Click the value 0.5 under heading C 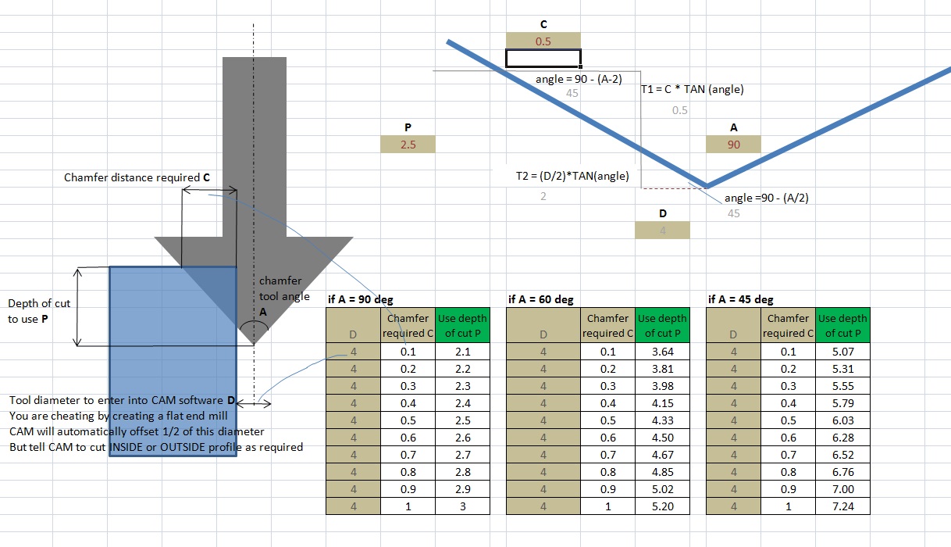coord(543,41)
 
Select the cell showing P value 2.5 coord(407,145)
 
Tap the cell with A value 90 coord(733,145)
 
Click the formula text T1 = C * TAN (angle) coord(692,89)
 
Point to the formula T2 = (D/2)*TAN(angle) coord(572,176)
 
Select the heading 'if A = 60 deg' coord(540,299)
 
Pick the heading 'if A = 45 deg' coord(740,299)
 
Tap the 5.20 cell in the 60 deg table coord(662,506)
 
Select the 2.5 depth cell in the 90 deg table coord(462,420)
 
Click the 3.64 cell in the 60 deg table coord(662,352)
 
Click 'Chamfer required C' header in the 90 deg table coord(408,326)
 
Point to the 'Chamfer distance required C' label coord(137,177)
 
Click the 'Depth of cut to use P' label coord(39,311)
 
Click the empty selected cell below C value coord(543,58)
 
